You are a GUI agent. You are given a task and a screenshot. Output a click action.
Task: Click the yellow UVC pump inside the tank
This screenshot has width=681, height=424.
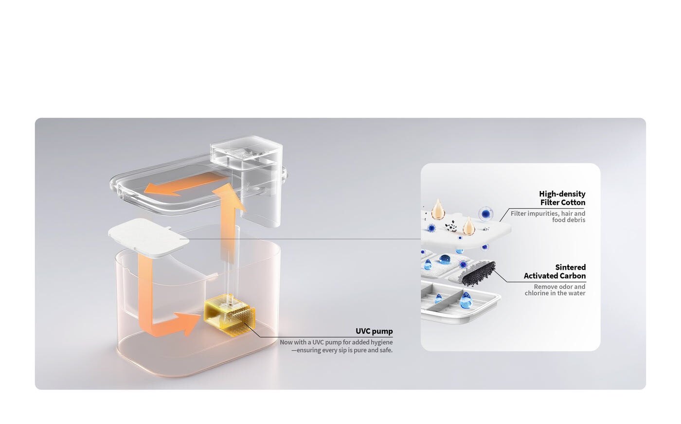pos(229,315)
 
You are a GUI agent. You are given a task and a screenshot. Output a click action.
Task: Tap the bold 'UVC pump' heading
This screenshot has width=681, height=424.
pos(374,331)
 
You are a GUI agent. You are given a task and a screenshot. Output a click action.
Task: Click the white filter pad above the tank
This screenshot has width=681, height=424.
pos(148,238)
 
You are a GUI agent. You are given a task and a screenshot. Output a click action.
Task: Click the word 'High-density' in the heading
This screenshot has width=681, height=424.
pos(562,194)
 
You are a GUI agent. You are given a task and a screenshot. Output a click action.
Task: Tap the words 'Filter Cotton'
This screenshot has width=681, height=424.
pos(563,202)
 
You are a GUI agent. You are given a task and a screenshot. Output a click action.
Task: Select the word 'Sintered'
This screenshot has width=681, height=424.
pos(570,267)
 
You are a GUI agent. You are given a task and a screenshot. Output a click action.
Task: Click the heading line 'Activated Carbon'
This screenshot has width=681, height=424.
pos(555,276)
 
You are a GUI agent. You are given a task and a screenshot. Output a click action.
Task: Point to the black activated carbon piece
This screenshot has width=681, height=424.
pos(478,274)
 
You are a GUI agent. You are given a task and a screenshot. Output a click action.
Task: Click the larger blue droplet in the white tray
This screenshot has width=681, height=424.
pos(466,300)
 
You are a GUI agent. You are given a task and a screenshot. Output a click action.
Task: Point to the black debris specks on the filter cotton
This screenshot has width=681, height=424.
pos(451,226)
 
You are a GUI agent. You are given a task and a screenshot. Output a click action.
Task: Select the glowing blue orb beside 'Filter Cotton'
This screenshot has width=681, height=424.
pos(486,213)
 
